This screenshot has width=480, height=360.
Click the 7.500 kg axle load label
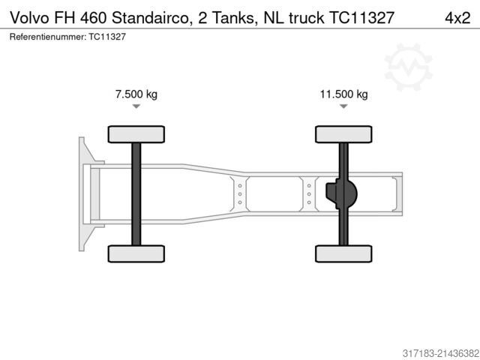pos(136,94)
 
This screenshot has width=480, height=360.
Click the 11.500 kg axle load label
pos(343,94)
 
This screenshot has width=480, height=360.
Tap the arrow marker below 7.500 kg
pos(136,107)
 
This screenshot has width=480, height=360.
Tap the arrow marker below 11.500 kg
pos(343,107)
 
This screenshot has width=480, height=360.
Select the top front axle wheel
pos(136,134)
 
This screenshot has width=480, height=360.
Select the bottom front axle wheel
pos(136,253)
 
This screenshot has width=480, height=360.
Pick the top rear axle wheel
pos(343,134)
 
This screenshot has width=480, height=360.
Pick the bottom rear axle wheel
pos(343,253)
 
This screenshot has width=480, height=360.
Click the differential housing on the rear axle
pos(342,194)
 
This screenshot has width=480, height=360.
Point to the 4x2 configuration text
pos(454,17)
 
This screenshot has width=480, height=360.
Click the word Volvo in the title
pos(28,17)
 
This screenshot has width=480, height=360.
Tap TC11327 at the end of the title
pos(361,17)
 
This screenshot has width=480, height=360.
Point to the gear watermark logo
pos(409,67)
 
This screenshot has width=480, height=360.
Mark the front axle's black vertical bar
pos(136,193)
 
